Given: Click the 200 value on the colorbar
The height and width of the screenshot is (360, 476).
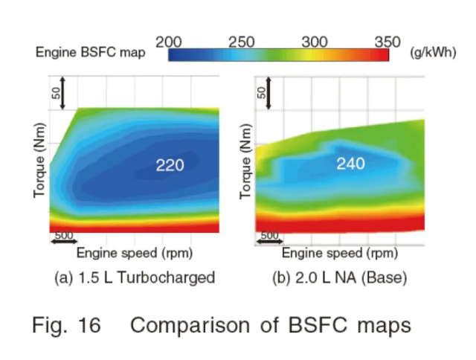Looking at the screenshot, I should click(x=170, y=42).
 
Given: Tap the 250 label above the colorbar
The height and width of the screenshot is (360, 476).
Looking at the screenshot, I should click(x=242, y=42).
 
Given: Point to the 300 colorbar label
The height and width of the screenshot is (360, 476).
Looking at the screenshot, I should click(x=315, y=42).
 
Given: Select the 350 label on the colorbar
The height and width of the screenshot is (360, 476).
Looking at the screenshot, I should click(x=387, y=42).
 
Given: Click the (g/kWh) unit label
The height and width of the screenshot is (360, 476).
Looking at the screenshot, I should click(x=431, y=52).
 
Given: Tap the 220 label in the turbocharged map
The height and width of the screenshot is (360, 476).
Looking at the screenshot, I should click(x=170, y=165).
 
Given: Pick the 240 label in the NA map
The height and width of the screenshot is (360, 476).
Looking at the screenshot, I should click(x=351, y=163).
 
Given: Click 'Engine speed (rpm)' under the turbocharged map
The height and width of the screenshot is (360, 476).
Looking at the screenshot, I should click(x=135, y=253).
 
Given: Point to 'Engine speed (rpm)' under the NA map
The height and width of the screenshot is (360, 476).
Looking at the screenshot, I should click(x=339, y=253).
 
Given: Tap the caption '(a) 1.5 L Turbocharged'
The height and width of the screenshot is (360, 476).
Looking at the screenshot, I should click(x=135, y=278).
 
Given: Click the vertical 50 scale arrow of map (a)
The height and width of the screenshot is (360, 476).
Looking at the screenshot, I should click(x=64, y=92).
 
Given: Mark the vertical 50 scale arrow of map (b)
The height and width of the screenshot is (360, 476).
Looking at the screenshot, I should click(x=269, y=92).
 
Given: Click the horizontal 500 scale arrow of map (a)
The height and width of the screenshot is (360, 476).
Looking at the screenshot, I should click(x=64, y=241).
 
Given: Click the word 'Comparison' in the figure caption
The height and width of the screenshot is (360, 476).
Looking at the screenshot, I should click(x=191, y=326).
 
